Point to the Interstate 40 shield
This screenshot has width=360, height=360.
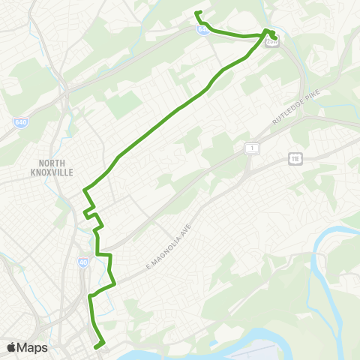pos(83,262)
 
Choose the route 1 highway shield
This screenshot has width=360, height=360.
pos(253,148)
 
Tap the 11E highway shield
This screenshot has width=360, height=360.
pos(295,158)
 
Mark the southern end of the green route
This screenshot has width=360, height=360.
pos(97,346)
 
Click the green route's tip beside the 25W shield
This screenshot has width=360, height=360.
pos(276,37)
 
